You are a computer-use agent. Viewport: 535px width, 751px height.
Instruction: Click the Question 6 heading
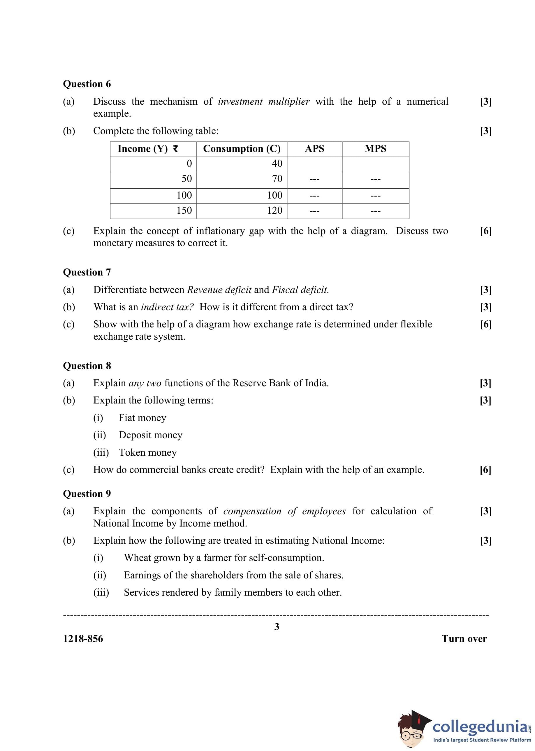click(87, 84)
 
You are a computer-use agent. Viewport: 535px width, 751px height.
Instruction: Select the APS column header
click(314, 149)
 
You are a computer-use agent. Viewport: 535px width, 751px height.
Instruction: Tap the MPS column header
click(375, 149)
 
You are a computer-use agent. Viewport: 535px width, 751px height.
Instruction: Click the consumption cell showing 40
click(277, 164)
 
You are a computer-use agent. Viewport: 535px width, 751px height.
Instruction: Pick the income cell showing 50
click(186, 179)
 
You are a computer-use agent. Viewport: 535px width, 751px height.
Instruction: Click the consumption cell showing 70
click(277, 179)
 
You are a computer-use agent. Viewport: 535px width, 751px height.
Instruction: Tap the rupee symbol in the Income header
click(176, 149)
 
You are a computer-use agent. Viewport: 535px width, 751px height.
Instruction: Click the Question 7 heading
click(87, 272)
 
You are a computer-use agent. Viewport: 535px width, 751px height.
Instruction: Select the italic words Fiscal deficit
click(300, 290)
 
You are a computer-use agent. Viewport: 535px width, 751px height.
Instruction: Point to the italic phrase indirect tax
click(167, 307)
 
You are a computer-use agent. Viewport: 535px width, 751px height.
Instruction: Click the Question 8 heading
click(87, 366)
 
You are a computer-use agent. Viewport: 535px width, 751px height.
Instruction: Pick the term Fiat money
click(142, 418)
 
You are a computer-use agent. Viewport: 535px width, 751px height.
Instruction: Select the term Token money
click(147, 452)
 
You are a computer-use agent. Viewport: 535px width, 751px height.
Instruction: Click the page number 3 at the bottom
click(277, 627)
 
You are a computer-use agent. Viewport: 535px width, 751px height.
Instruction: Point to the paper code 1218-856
click(83, 639)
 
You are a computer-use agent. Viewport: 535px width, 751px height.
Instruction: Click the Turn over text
click(464, 639)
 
